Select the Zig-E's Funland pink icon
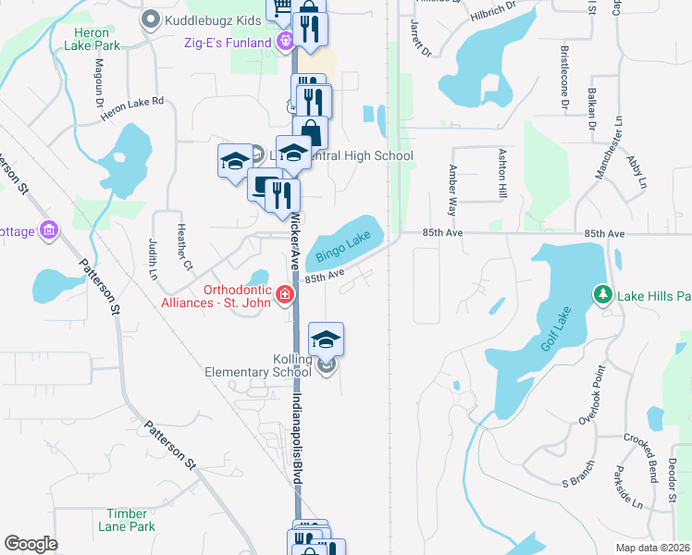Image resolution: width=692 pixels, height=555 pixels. tap(286, 42)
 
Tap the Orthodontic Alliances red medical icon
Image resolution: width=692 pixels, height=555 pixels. tap(286, 295)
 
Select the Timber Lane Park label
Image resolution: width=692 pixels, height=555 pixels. tap(130, 520)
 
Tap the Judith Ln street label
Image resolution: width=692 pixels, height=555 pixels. tap(153, 258)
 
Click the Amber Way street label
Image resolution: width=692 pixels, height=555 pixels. tap(452, 190)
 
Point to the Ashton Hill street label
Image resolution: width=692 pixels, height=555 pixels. tap(503, 174)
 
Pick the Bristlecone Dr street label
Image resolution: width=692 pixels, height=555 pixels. tap(563, 77)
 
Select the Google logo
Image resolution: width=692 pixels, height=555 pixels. tap(31, 544)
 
